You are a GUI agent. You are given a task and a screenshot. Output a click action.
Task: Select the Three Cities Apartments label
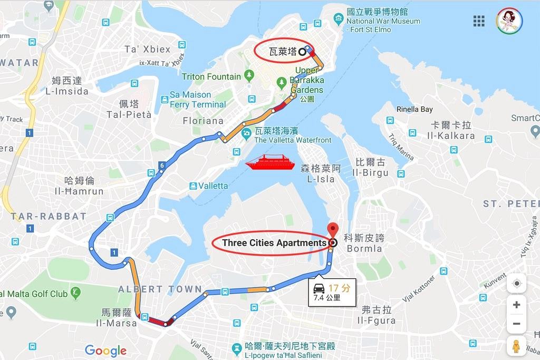(x=274, y=243)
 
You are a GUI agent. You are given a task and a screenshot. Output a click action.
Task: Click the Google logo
(x=105, y=351)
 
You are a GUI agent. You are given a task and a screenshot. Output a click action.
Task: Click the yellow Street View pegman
(x=516, y=346)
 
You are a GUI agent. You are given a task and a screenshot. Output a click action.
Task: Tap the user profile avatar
(x=509, y=21)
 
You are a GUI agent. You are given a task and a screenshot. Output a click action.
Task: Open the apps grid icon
(x=479, y=21)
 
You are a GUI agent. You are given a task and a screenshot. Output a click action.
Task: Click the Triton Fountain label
(x=211, y=77)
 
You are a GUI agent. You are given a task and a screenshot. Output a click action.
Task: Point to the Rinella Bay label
(x=414, y=109)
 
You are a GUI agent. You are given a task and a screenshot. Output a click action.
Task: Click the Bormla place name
(x=364, y=248)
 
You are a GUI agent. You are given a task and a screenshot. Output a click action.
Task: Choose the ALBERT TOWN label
(x=160, y=289)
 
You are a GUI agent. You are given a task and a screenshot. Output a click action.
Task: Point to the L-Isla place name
(x=321, y=179)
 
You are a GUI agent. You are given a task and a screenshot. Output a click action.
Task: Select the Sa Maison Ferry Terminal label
(x=197, y=100)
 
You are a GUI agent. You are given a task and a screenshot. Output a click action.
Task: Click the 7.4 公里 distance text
(x=327, y=297)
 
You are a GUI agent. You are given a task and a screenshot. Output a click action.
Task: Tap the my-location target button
(x=516, y=284)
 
